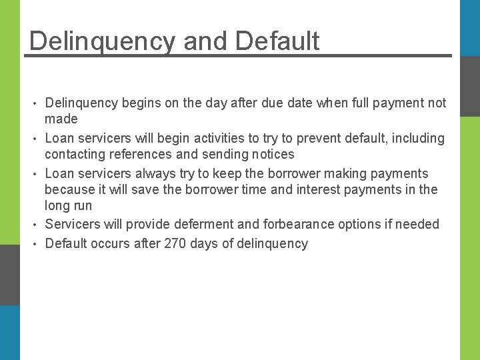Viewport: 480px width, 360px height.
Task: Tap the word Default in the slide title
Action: pyautogui.click(x=277, y=41)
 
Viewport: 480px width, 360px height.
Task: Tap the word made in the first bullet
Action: pyautogui.click(x=61, y=119)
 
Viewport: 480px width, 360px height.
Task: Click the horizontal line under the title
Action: pyautogui.click(x=238, y=55)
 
